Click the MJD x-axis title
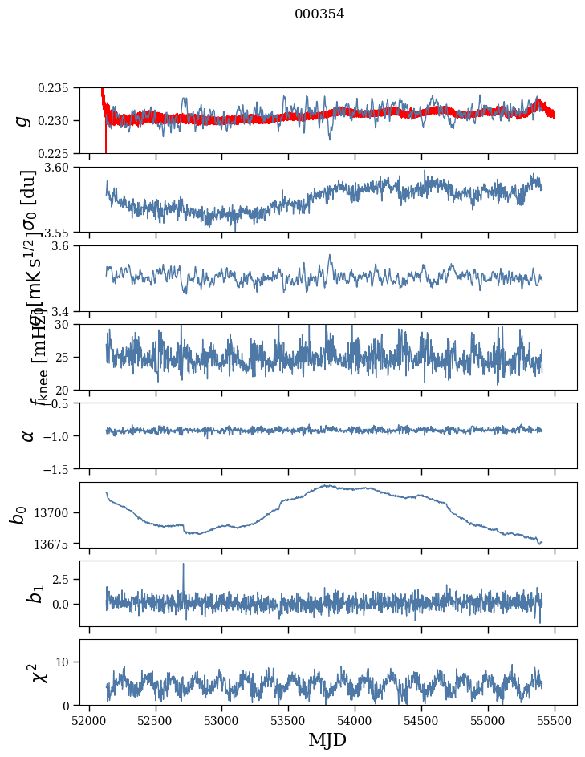(327, 740)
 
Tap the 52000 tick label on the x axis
(89, 719)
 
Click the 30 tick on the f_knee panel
(67, 324)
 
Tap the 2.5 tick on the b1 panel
(64, 578)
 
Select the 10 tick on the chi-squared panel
(67, 662)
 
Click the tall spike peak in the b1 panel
(183, 564)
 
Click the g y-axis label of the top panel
(23, 120)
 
